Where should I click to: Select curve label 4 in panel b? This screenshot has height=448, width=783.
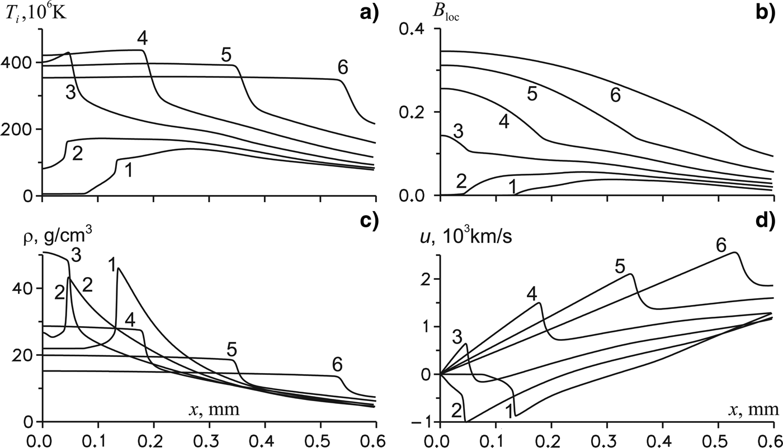(504, 122)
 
